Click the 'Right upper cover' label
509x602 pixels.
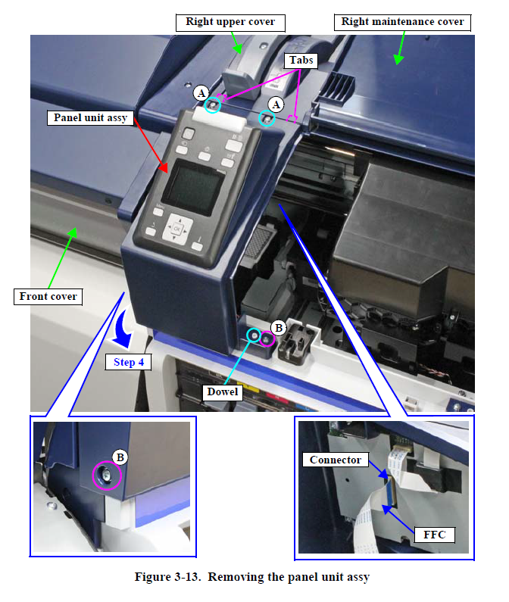coord(230,22)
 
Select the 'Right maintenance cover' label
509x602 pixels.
coord(402,21)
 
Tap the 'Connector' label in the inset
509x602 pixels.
coord(336,460)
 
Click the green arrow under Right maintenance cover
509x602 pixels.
coord(398,49)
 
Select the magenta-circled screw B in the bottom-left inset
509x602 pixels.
coord(106,476)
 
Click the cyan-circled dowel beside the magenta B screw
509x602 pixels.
coord(253,334)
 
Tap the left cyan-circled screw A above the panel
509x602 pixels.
coord(214,105)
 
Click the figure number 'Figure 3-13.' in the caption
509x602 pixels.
coord(168,578)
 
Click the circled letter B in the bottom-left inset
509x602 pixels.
coord(120,456)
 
